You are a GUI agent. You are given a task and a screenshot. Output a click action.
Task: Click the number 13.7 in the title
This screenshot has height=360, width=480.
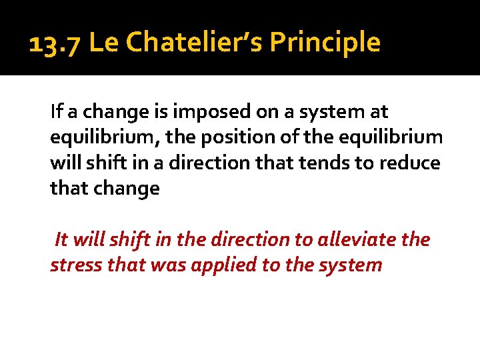[x=55, y=43]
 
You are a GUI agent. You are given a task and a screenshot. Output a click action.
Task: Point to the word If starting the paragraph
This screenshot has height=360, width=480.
[x=56, y=111]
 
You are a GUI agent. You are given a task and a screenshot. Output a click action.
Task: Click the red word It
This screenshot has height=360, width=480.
[x=61, y=239]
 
